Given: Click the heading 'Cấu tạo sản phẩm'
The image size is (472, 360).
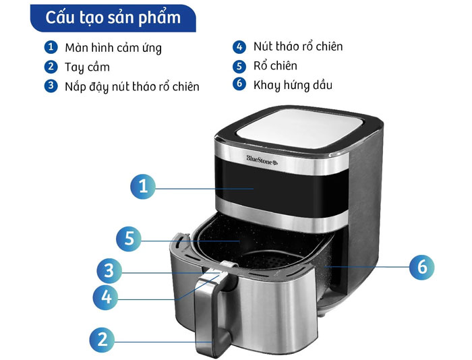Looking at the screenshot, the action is [x=113, y=18].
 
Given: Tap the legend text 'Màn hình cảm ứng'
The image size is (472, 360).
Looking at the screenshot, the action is [x=113, y=48].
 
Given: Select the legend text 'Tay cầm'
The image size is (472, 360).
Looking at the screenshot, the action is [x=87, y=67].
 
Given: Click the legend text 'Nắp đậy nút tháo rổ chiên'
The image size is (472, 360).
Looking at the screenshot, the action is [x=132, y=87].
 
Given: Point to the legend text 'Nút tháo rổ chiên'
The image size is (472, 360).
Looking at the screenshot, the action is [x=298, y=47].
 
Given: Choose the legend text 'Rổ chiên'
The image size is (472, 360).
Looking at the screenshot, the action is [x=275, y=65].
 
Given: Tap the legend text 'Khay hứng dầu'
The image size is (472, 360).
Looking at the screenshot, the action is [x=293, y=85].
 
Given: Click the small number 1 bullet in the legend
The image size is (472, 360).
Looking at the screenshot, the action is [x=51, y=47].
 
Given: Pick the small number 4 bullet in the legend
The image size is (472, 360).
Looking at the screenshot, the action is [x=239, y=47].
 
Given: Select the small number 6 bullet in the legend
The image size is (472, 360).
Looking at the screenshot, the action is [x=239, y=84].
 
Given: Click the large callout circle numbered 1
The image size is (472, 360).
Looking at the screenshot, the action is [x=143, y=186].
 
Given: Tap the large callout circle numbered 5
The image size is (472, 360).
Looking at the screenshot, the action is [x=129, y=239].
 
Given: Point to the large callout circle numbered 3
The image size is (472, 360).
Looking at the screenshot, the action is [x=109, y=270].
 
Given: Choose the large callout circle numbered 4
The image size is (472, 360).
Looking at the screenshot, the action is [x=106, y=297].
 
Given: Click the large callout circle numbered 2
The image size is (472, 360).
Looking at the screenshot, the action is [x=102, y=340].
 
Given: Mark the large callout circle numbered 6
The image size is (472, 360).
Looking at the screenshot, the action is [x=422, y=267].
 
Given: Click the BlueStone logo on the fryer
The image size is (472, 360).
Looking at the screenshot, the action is [x=262, y=160].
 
